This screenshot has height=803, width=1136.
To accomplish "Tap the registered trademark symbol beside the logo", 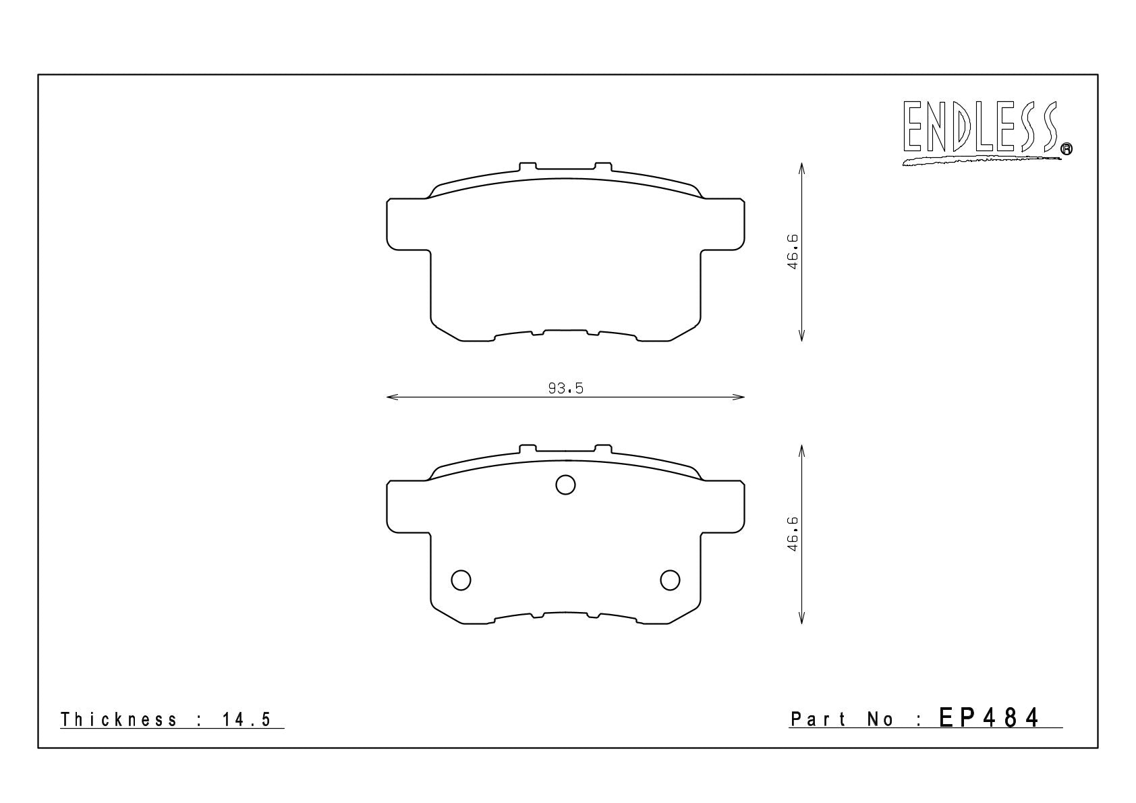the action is pyautogui.click(x=1067, y=148).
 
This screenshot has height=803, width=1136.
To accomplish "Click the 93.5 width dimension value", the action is pyautogui.click(x=565, y=389).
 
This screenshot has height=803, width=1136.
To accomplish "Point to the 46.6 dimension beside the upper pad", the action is pyautogui.click(x=793, y=252).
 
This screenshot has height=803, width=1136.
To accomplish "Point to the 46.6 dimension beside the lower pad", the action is pyautogui.click(x=793, y=534).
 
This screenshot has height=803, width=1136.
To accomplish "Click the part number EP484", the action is pyautogui.click(x=988, y=718).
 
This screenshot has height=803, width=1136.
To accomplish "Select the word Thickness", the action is pyautogui.click(x=119, y=719).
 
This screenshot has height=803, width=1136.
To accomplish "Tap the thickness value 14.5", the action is pyautogui.click(x=246, y=719).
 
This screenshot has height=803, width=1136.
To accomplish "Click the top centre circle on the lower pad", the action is pyautogui.click(x=565, y=485).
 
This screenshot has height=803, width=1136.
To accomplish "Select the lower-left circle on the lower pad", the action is pyautogui.click(x=461, y=580).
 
